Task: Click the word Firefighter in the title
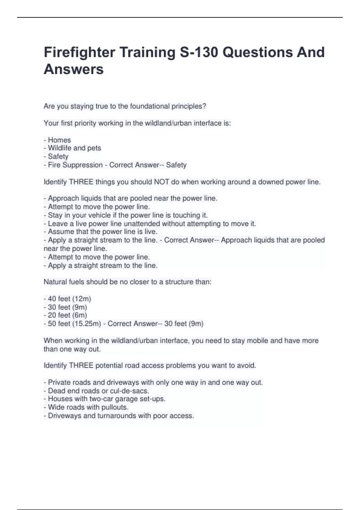(x=79, y=52)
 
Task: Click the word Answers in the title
(x=73, y=69)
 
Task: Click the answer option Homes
(x=59, y=140)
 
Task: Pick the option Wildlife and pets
(x=74, y=148)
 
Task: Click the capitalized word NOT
(x=161, y=182)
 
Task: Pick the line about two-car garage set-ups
(x=106, y=399)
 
